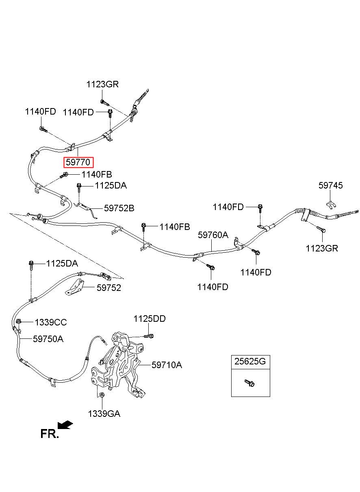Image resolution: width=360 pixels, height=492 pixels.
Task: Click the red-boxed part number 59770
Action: coord(78,163)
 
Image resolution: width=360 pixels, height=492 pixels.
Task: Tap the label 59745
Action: coord(330,186)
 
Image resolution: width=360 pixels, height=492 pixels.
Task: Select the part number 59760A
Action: coord(213,235)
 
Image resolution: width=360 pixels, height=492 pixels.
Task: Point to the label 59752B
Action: coord(119,208)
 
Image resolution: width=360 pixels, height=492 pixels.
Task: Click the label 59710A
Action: coord(167,365)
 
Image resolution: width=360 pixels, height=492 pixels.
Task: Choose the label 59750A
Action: coord(48,339)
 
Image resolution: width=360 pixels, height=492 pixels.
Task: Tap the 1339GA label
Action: coord(104,414)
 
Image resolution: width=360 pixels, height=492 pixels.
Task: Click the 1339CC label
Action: coord(51,323)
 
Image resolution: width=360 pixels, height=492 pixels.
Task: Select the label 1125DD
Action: coord(150,319)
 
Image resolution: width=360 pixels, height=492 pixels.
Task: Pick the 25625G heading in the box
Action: coord(250,361)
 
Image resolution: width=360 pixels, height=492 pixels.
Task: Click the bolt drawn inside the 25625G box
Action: coord(249,383)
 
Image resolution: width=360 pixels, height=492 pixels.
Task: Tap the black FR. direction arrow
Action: coord(65,425)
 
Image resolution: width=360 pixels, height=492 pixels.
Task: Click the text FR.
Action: coord(50,434)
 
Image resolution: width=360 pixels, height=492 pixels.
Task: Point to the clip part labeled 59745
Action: coord(331,205)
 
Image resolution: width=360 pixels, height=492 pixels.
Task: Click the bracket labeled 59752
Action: coord(75,287)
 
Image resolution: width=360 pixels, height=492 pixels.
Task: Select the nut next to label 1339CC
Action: coord(19,322)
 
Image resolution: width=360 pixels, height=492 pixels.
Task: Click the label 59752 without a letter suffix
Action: coord(109,288)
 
